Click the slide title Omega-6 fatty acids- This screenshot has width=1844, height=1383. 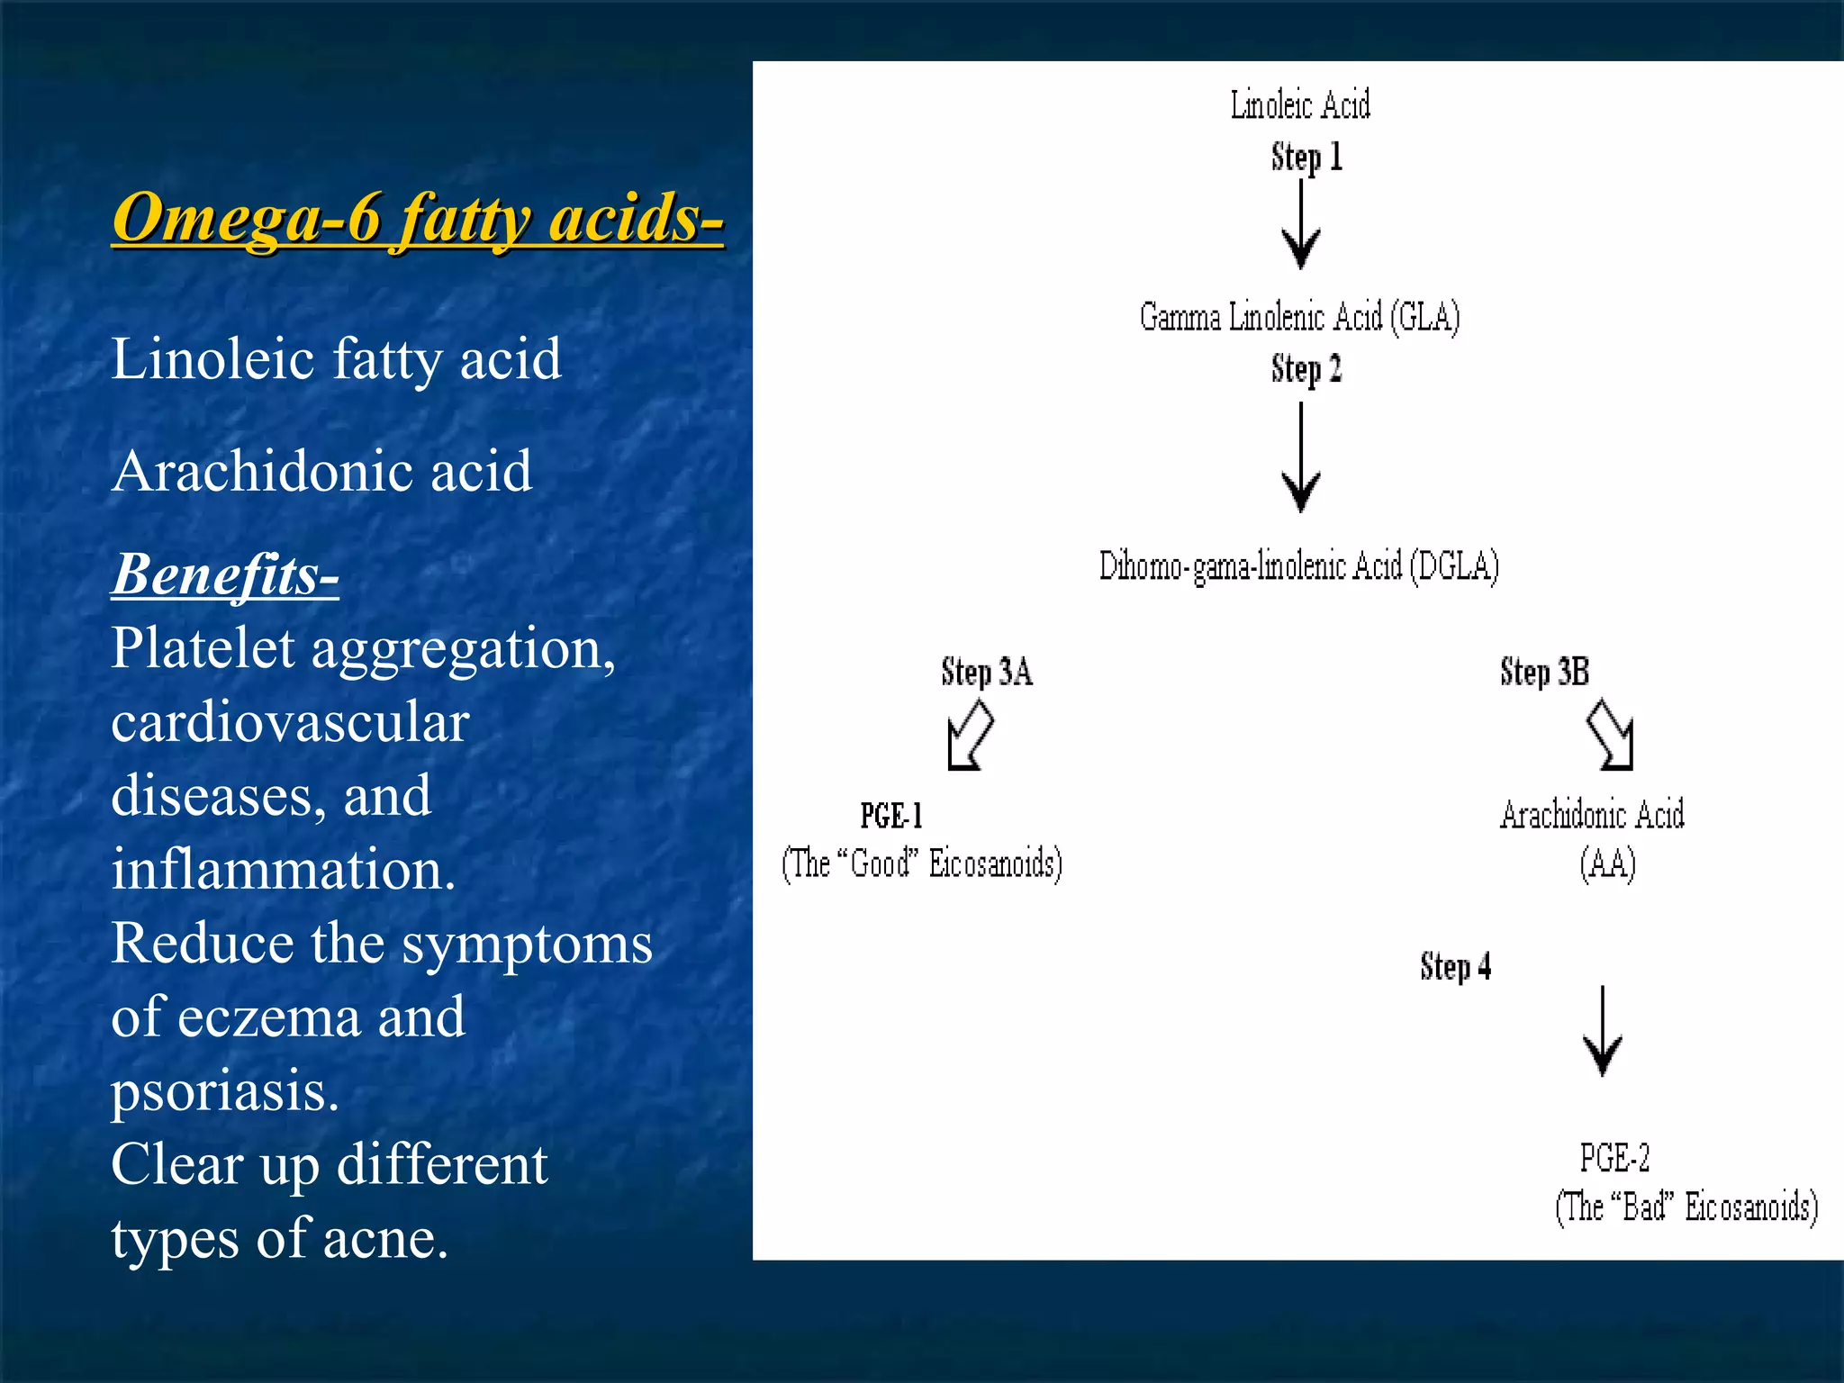click(x=417, y=219)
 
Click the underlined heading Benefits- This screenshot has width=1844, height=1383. click(x=225, y=574)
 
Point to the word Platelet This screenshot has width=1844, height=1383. click(x=203, y=648)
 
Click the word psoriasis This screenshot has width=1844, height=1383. click(x=224, y=1091)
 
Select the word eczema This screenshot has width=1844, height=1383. click(x=270, y=1018)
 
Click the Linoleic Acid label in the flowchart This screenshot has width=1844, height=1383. click(x=1300, y=105)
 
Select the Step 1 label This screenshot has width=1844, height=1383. click(x=1306, y=158)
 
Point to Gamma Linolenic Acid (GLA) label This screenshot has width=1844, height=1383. click(x=1299, y=317)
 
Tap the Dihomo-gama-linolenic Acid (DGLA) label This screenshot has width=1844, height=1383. click(x=1298, y=566)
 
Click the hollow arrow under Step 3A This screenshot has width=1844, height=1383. click(x=971, y=737)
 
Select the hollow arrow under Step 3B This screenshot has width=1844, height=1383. click(x=1610, y=736)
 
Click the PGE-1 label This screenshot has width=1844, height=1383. click(x=891, y=816)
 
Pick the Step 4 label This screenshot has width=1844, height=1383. click(x=1455, y=966)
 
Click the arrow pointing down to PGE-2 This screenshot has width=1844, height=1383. click(x=1603, y=1032)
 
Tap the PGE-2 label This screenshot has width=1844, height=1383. click(x=1614, y=1158)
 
